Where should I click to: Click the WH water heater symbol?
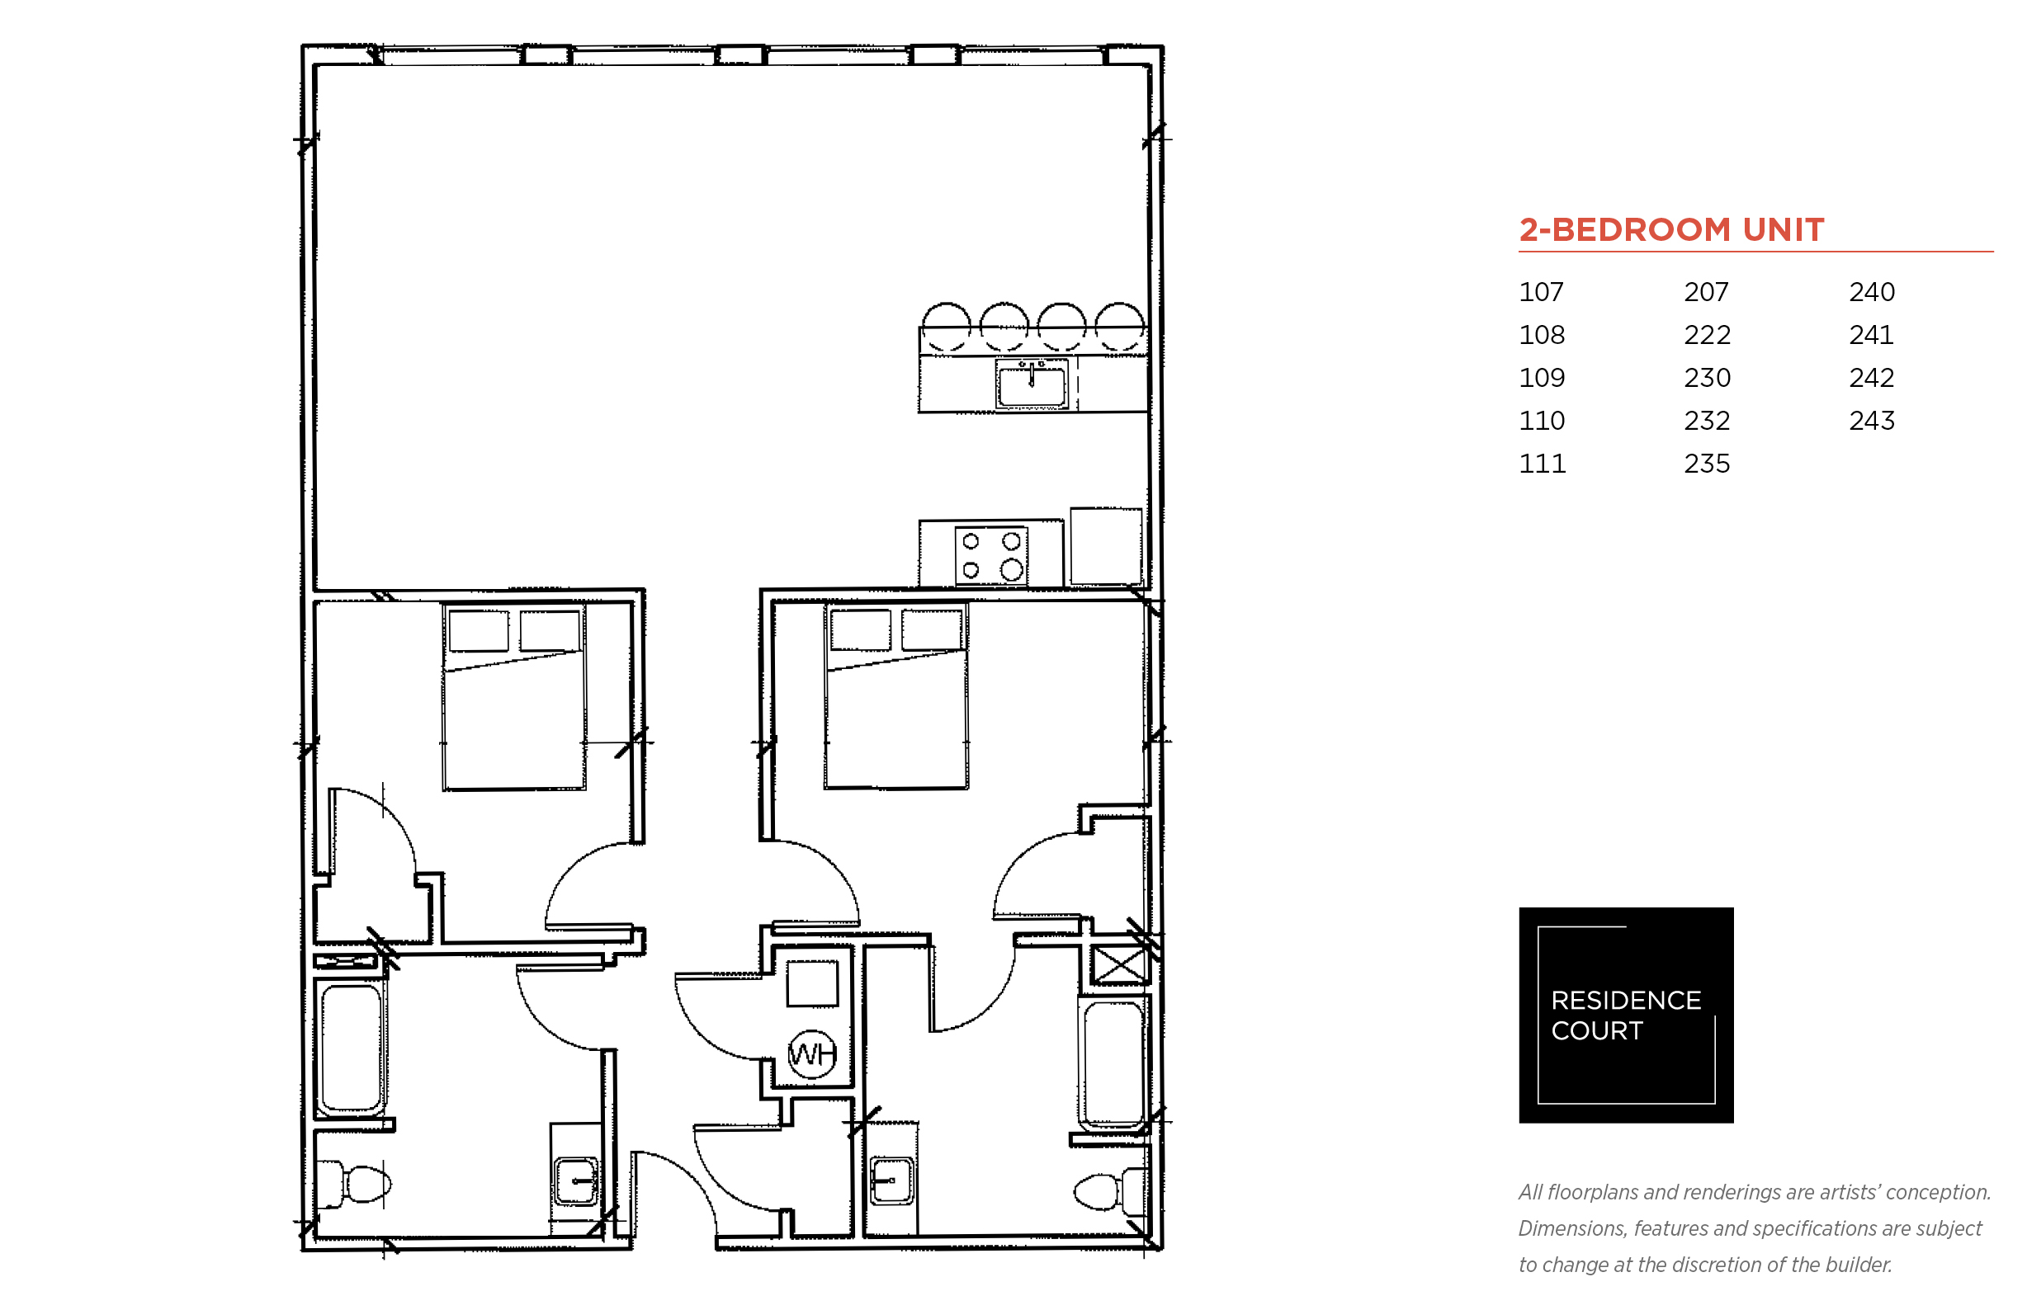click(812, 1054)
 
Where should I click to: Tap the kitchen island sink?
click(1032, 384)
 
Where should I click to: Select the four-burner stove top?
click(990, 555)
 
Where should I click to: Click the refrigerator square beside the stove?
click(1105, 546)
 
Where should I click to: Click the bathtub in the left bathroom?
click(351, 1048)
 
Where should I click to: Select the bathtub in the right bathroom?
click(1113, 1063)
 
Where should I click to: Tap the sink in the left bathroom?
click(576, 1180)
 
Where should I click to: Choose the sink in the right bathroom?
click(892, 1180)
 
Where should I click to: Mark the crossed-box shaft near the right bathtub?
click(1118, 964)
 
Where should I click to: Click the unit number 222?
click(1706, 334)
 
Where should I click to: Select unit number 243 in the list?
click(1871, 420)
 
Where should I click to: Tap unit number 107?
click(1541, 292)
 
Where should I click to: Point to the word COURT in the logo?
click(1596, 1030)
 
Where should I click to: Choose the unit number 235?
click(1706, 464)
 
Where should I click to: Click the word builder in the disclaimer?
click(1858, 1264)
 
